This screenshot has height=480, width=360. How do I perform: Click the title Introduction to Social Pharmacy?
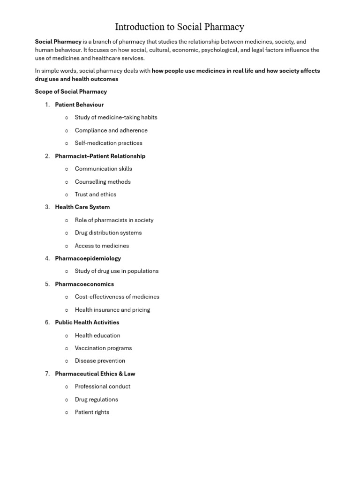(x=180, y=27)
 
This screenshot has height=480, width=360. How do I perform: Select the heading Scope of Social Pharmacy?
(x=71, y=91)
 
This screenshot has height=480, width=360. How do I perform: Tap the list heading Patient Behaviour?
(x=79, y=105)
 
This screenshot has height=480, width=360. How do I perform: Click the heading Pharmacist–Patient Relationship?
(x=100, y=156)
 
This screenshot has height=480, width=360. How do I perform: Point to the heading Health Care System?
(x=82, y=207)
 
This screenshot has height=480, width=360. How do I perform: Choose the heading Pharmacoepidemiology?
(x=88, y=258)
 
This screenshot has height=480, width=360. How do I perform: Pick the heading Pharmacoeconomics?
(x=84, y=284)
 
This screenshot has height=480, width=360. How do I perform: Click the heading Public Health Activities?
(x=87, y=322)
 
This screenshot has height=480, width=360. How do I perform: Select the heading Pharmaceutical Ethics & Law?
(x=95, y=374)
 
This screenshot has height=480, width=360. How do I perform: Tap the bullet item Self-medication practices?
(x=108, y=143)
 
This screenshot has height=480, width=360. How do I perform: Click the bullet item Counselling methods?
(x=103, y=182)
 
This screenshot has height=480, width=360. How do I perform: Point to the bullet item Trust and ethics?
(x=96, y=195)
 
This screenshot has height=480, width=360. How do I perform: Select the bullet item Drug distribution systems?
(x=108, y=233)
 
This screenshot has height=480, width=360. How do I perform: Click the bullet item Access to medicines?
(x=102, y=246)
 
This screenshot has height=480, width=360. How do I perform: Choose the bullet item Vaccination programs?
(x=103, y=348)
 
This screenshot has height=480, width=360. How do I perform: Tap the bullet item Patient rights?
(x=92, y=412)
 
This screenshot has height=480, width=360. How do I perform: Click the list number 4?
(x=47, y=258)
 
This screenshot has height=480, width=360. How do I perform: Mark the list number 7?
(x=47, y=374)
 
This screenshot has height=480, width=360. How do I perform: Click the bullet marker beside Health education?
(x=67, y=336)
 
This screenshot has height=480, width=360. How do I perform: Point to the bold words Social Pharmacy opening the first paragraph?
(x=58, y=42)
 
